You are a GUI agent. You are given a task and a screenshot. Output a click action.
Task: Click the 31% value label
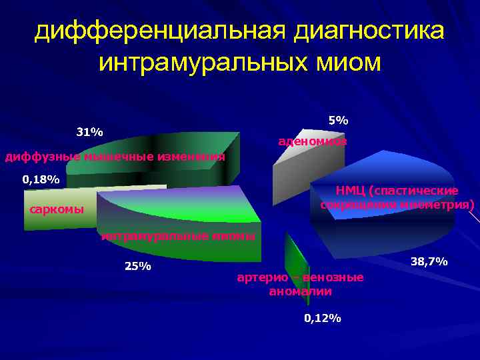[89, 132]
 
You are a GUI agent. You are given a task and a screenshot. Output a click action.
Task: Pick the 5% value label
[338, 121]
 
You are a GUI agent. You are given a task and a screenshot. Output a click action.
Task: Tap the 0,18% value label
[41, 179]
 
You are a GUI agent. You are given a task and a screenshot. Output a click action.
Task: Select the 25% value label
[138, 267]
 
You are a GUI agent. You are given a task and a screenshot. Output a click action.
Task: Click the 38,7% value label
[429, 262]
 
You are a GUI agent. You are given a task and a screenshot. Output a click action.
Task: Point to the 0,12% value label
[323, 319]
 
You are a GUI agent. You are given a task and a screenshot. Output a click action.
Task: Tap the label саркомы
[57, 210]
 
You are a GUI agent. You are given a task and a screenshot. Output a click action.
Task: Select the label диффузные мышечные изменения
[115, 157]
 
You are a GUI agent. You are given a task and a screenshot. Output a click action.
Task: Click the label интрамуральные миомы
[177, 236]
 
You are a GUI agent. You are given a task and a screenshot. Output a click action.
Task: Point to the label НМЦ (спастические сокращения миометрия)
[397, 197]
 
